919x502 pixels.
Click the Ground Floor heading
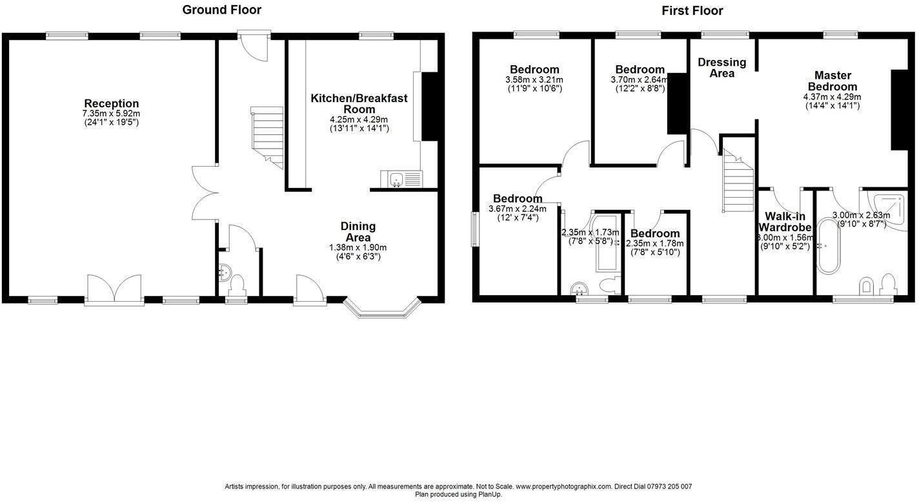[221, 10]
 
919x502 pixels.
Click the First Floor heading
[692, 10]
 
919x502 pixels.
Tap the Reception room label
[111, 103]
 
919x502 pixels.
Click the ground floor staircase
[267, 138]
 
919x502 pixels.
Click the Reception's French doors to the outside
[114, 289]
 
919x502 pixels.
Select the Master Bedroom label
[832, 81]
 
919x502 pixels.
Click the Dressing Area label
[722, 67]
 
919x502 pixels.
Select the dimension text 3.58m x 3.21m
[534, 79]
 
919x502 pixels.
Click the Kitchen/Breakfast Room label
[359, 103]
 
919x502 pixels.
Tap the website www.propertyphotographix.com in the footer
[563, 486]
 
